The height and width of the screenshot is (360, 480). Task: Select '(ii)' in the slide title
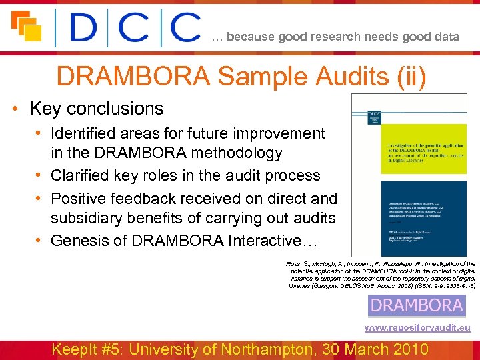pos(408,76)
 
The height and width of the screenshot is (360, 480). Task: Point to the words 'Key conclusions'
pos(97,109)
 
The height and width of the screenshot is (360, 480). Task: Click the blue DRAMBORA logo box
pos(417,306)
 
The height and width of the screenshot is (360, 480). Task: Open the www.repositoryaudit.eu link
pos(417,328)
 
